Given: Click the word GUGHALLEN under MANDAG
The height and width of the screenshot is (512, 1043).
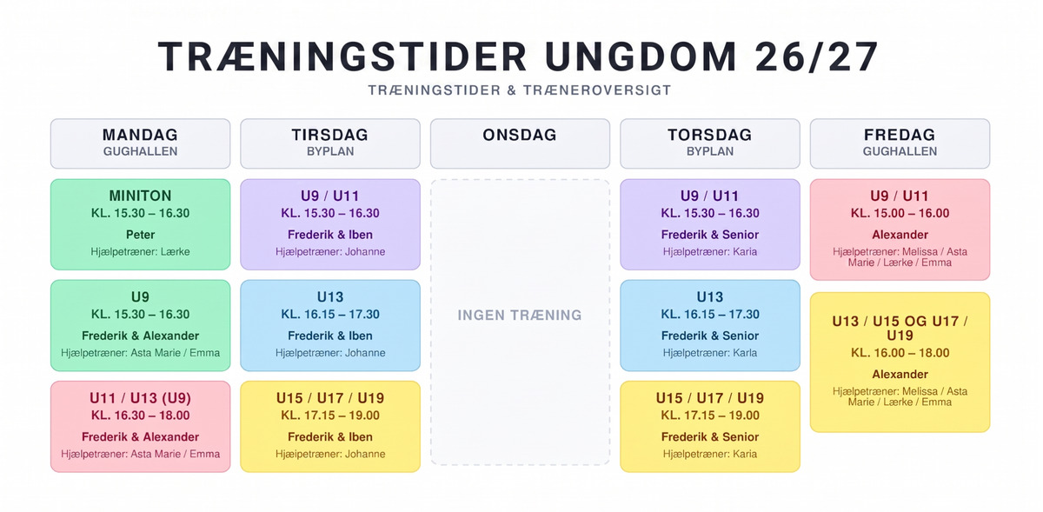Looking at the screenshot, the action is tap(140, 151).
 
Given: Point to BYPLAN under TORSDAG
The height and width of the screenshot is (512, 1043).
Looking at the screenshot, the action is tap(709, 151).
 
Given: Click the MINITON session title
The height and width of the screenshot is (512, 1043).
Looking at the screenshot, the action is tap(140, 196).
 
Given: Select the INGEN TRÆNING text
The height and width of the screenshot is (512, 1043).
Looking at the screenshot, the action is tap(520, 316).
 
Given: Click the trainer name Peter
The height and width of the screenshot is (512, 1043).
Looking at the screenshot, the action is tap(140, 235).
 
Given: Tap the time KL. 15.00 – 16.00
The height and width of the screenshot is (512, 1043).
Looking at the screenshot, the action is tap(900, 213).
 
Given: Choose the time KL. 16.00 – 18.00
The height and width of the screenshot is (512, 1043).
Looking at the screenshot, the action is tap(900, 353).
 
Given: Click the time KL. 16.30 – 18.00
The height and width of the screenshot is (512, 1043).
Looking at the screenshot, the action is tap(140, 416).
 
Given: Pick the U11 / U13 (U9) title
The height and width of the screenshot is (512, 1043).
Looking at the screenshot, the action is tap(140, 398).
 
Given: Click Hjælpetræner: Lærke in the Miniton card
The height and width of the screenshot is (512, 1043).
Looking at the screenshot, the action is tap(140, 251).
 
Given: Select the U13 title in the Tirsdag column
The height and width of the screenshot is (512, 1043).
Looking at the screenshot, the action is tap(330, 296).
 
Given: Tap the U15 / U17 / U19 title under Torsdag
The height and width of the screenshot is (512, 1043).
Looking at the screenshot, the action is tap(709, 398).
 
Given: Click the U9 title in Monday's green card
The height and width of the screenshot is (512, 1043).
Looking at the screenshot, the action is tap(140, 296).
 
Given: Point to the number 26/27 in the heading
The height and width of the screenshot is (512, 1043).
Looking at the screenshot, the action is tap(817, 57).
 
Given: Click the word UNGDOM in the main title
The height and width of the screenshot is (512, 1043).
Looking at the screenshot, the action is tap(641, 57).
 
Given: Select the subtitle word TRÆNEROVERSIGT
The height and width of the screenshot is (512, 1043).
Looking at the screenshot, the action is tap(597, 90).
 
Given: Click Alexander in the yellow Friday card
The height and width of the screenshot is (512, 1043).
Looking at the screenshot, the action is tap(900, 374).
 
